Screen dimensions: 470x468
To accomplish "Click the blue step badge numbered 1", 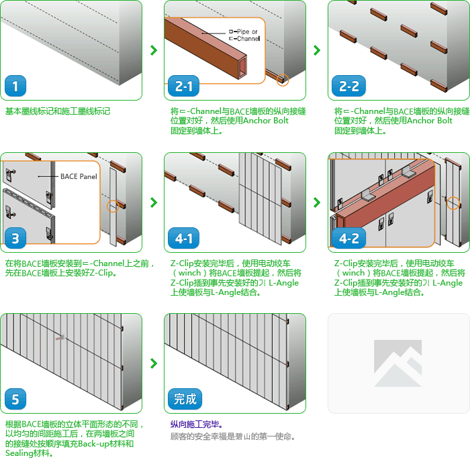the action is pos(15,86).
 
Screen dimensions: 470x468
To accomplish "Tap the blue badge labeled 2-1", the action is pos(183,86).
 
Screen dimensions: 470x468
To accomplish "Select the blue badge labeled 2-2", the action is pos(348,86).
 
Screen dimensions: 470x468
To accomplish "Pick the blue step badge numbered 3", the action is pos(15,238).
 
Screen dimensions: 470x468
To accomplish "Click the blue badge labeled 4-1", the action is pos(183,238).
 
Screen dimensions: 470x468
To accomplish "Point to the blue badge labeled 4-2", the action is pos(348,238).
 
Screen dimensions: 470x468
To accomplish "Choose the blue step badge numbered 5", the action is pos(15,399).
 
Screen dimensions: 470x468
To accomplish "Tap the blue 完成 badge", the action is pos(185,399).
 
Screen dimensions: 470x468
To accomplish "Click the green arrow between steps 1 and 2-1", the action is pos(154,50).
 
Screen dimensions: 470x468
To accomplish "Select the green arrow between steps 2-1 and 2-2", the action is pos(317,50).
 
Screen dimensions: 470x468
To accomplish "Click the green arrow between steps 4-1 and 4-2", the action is pos(317,202).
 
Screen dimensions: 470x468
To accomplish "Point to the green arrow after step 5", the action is pos(154,363).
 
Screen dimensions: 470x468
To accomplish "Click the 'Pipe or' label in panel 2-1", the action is pos(243,32).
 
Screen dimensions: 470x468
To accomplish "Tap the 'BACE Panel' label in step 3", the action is pos(79,176).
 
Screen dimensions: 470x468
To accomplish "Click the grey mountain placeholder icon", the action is pos(398,363).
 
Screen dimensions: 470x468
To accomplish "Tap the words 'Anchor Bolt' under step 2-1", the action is pos(266,121).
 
